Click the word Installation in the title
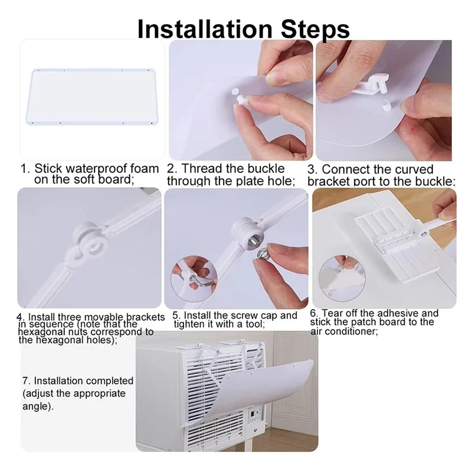pos(205,29)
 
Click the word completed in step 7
pos(107,381)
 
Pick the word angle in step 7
pos(36,407)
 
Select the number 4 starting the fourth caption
pos(19,317)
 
